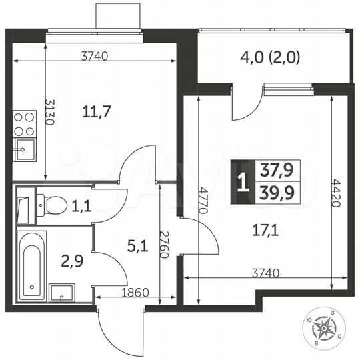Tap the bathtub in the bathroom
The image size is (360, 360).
coord(31,265)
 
